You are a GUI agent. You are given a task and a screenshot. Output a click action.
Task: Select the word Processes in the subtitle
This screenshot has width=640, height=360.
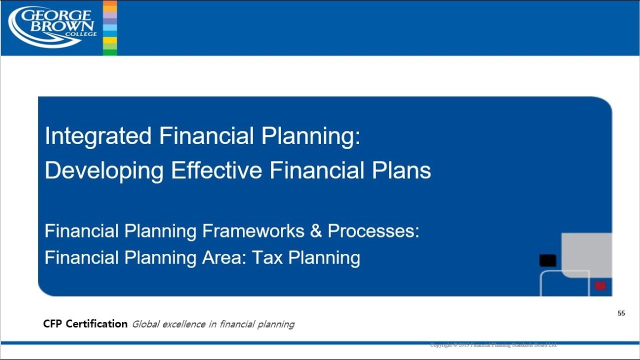click(373, 231)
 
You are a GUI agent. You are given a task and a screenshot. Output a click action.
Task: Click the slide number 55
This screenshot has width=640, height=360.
click(621, 313)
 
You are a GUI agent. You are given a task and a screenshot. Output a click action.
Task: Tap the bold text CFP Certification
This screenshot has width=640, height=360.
click(85, 324)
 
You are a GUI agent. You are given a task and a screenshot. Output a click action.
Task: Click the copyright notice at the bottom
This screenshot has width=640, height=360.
click(493, 345)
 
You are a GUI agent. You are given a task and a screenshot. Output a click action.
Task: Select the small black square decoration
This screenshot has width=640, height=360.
click(547, 260)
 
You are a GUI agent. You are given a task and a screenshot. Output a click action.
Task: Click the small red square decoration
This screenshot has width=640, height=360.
click(600, 286)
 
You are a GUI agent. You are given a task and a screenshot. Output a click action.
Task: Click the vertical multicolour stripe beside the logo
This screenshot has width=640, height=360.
click(109, 28)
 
